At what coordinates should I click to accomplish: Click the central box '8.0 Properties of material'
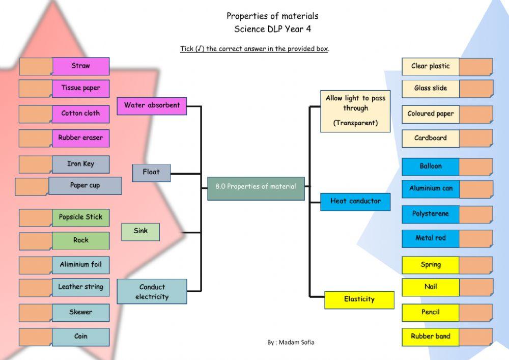click(256, 187)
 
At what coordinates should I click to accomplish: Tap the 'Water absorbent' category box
click(152, 105)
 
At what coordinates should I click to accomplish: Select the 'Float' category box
click(151, 173)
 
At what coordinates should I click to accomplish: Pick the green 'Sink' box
click(140, 232)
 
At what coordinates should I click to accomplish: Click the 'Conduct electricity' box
click(152, 292)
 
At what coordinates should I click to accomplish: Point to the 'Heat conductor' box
click(355, 202)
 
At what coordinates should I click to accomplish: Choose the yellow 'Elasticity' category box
click(359, 300)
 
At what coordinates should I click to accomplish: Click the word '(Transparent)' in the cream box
click(355, 123)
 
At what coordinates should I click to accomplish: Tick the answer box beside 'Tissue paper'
click(36, 89)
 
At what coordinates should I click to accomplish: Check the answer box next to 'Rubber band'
click(475, 337)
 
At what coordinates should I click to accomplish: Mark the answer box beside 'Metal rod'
click(475, 238)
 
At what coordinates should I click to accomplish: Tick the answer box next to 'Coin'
click(36, 337)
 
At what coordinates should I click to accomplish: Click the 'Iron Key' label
click(80, 164)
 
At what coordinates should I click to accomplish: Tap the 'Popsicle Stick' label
click(80, 217)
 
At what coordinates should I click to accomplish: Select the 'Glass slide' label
click(430, 89)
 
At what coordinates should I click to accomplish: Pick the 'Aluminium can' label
click(430, 189)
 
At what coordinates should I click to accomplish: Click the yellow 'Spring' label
click(430, 265)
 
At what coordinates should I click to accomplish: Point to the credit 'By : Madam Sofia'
click(291, 343)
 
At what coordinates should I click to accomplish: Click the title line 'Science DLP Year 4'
click(272, 29)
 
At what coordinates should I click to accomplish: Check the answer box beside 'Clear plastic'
click(475, 67)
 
